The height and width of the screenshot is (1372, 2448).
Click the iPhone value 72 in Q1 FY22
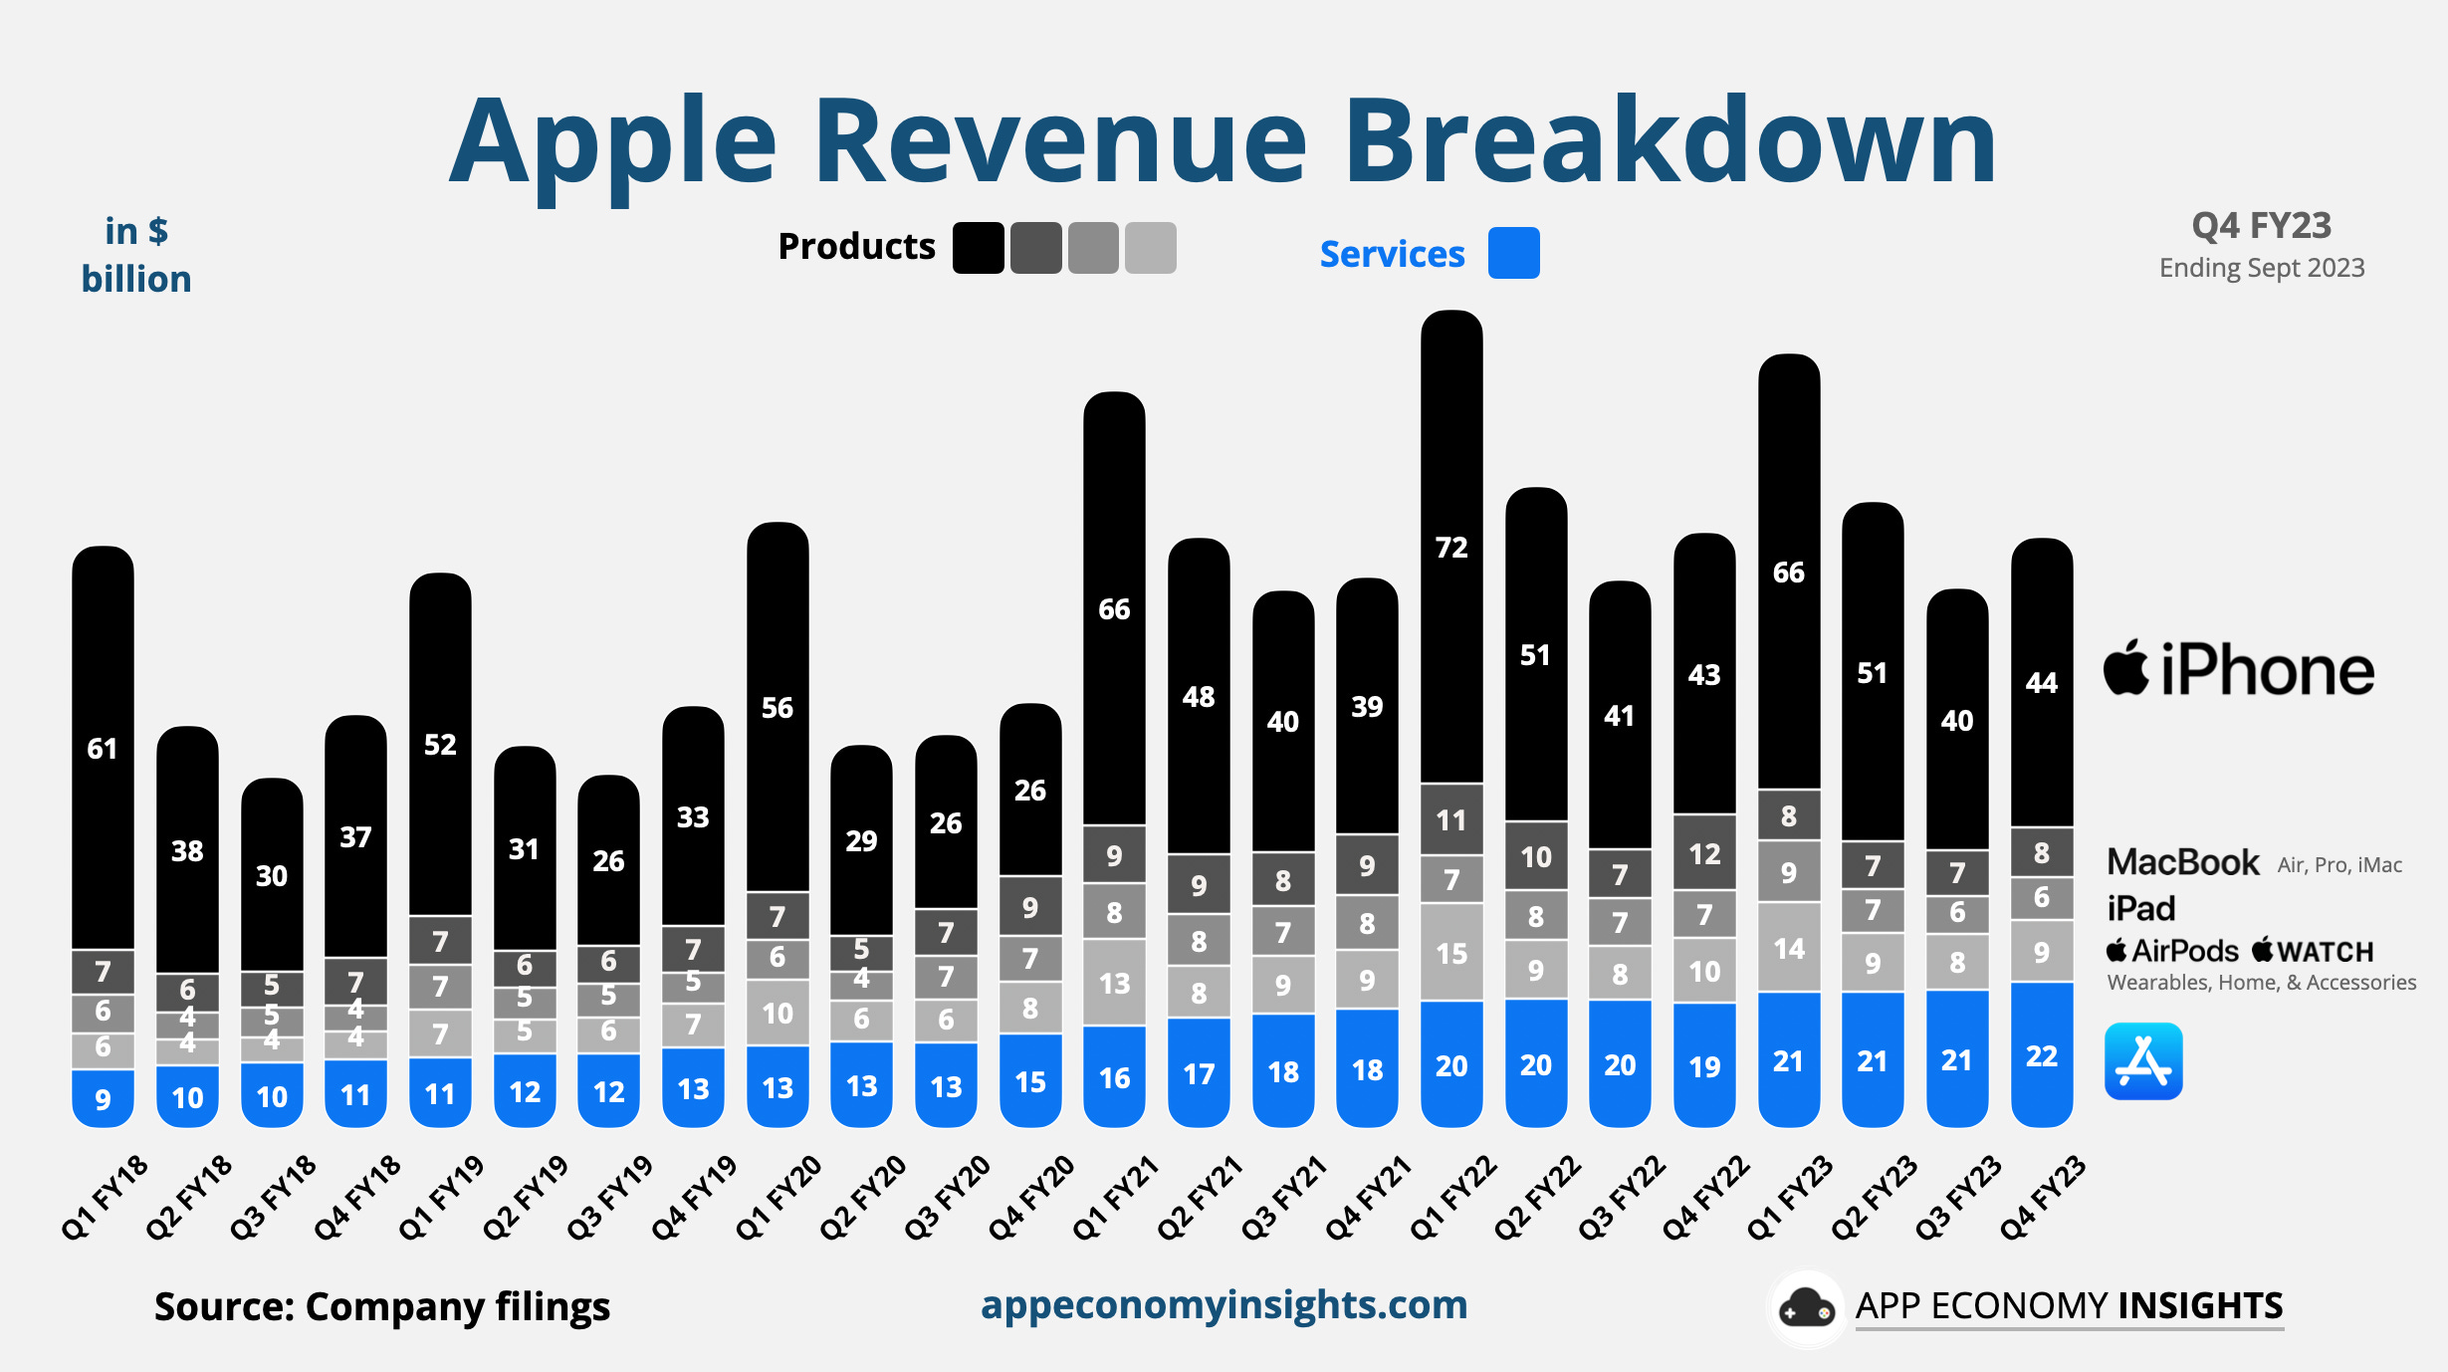click(1451, 548)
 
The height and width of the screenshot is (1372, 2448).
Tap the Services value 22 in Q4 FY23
click(2041, 1056)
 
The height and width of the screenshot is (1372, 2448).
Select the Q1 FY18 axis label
click(105, 1198)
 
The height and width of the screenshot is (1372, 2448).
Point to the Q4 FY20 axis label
click(1031, 1198)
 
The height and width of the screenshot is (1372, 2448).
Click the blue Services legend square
click(1513, 253)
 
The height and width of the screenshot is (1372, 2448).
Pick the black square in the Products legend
click(978, 248)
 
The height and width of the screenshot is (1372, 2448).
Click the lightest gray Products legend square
click(1150, 248)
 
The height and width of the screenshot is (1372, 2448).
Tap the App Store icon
click(2143, 1061)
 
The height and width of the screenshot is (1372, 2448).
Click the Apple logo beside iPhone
click(2126, 669)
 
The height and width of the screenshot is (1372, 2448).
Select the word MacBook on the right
click(2182, 862)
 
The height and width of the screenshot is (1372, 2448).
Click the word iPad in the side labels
click(2140, 909)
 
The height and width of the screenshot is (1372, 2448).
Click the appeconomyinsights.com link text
click(1224, 1305)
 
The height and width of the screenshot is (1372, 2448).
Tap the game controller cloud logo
click(1806, 1308)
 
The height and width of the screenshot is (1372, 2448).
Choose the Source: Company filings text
click(381, 1307)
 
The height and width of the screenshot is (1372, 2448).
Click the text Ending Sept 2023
click(2261, 268)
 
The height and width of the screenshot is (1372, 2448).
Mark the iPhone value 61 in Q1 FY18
click(103, 749)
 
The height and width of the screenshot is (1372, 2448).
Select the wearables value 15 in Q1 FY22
click(1451, 954)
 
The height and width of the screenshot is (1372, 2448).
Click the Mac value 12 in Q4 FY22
click(1704, 854)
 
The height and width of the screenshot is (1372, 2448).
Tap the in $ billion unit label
click(136, 256)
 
